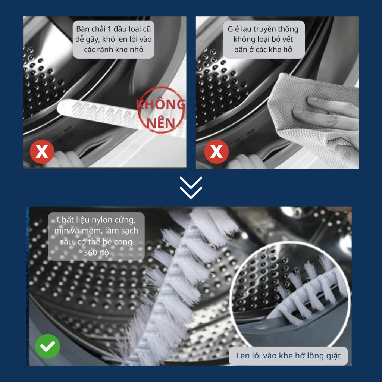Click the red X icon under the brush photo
[42, 151]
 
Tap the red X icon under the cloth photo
[216, 151]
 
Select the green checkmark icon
[47, 346]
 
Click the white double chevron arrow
[191, 188]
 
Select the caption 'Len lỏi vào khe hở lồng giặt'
[288, 356]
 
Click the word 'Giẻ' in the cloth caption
[233, 29]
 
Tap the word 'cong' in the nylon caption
[123, 242]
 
